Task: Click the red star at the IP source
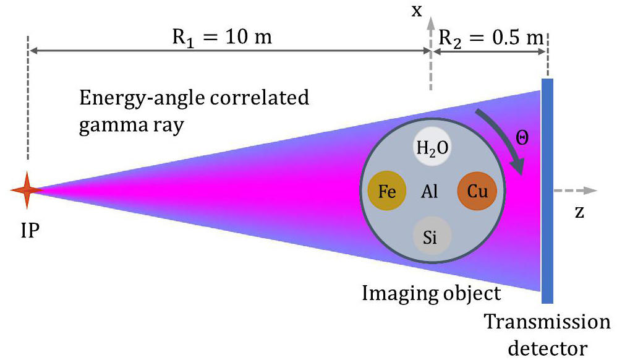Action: coord(27,191)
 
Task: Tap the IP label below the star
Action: coord(30,230)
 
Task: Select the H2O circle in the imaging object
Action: coord(432,147)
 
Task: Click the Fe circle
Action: coord(387,191)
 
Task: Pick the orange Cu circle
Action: coord(477,191)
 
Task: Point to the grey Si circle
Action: coord(432,236)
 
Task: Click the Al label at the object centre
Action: coord(429,192)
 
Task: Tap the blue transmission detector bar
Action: coord(547,191)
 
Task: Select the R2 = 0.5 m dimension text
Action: coord(491,38)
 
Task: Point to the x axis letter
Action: coord(417,11)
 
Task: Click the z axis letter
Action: coord(579,212)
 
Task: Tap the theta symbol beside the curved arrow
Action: coord(522,138)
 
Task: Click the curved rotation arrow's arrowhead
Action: coord(518,165)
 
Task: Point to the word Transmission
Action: coord(547,322)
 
